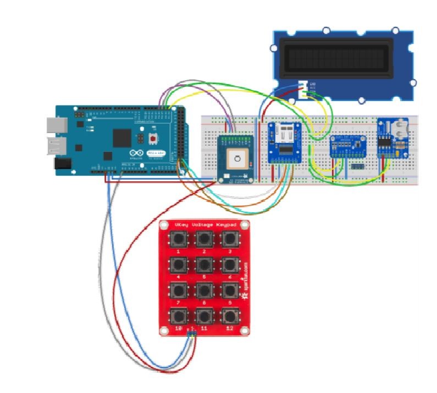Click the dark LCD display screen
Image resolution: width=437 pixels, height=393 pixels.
(x=336, y=58)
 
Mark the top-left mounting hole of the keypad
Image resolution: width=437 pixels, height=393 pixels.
(x=164, y=225)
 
